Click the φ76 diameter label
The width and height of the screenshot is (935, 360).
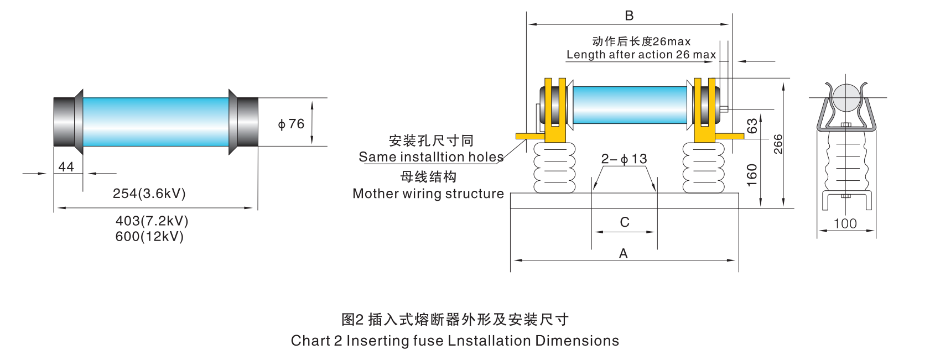[291, 124]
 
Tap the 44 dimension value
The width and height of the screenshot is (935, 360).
[66, 166]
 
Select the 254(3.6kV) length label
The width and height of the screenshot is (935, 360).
[149, 194]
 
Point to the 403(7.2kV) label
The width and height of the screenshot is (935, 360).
[152, 221]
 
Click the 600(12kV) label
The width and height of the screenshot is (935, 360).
[149, 236]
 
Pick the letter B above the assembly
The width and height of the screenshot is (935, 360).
[629, 15]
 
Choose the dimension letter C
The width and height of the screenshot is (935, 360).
[625, 222]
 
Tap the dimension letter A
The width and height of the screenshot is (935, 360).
[624, 253]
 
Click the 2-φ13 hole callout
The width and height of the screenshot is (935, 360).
[624, 159]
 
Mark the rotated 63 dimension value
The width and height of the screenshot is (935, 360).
[752, 126]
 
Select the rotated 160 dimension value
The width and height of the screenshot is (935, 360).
[752, 175]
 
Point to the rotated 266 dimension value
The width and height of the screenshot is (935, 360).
[778, 144]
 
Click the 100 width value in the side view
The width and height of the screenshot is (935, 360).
[845, 223]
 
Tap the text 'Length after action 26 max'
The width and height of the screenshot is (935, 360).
[641, 55]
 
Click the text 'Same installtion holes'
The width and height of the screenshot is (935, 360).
[431, 157]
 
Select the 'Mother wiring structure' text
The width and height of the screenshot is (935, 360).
[428, 194]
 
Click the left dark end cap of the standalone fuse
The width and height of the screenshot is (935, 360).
[64, 122]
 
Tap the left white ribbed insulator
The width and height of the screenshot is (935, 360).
[554, 168]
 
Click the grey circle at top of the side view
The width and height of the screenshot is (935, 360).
[846, 97]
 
